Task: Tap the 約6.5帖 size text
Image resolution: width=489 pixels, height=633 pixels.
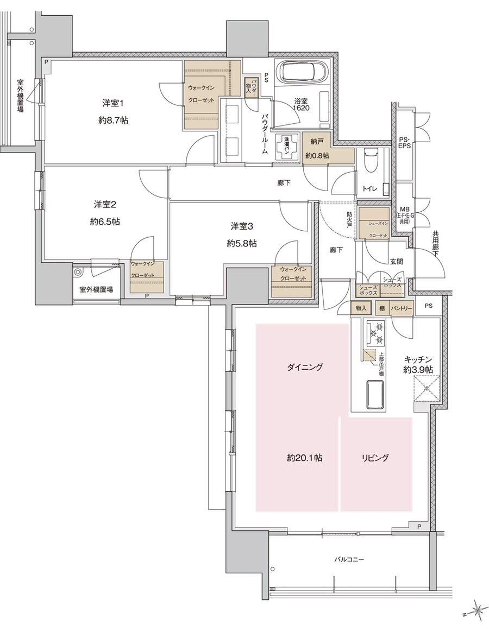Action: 106,221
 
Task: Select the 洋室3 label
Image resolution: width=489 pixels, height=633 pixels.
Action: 242,225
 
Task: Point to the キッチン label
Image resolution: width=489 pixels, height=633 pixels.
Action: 418,359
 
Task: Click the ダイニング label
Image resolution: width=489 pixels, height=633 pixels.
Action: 305,368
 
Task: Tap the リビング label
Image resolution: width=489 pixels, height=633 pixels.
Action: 375,458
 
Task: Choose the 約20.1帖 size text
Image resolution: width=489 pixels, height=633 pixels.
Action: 305,458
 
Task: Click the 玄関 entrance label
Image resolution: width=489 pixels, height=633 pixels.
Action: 396,261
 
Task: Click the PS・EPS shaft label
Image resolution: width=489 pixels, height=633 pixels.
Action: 405,143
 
